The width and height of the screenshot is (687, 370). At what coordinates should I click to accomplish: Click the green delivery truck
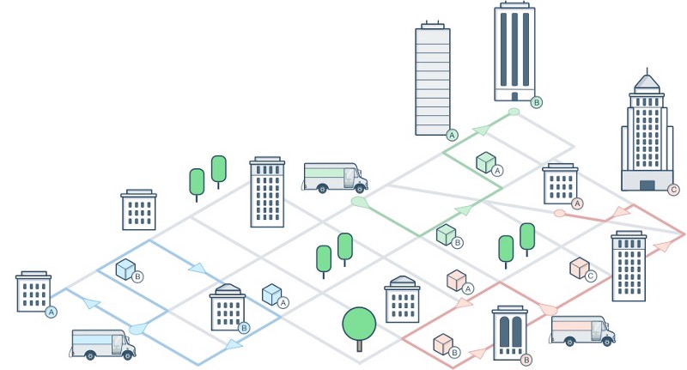click(x=334, y=177)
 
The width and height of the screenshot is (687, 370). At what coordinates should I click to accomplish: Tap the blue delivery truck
click(x=102, y=343)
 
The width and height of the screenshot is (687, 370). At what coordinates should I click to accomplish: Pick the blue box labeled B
click(x=127, y=270)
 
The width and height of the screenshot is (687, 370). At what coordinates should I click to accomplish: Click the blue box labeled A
click(x=273, y=294)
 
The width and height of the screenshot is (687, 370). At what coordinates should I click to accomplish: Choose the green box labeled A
click(x=487, y=161)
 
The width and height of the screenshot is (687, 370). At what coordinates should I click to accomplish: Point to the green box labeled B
click(x=447, y=234)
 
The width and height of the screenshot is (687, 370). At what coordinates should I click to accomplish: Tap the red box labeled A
click(x=457, y=280)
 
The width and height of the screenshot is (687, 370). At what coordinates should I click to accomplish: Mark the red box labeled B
click(x=444, y=344)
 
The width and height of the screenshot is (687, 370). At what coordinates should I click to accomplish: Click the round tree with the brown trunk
click(x=359, y=325)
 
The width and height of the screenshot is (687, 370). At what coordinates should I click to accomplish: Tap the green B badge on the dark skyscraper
click(x=537, y=102)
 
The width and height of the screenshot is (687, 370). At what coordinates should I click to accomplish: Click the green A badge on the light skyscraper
click(x=453, y=135)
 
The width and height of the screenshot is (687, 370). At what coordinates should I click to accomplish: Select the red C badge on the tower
click(x=672, y=190)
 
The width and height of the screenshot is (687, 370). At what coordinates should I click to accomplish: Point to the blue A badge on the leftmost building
click(x=51, y=312)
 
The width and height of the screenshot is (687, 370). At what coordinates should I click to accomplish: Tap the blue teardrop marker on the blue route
click(x=139, y=327)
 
